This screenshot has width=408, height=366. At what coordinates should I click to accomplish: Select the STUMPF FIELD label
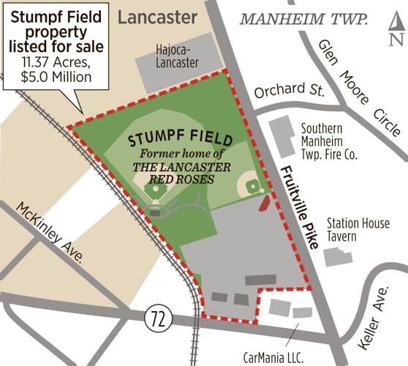181,139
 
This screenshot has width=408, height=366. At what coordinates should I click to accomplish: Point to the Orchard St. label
279,93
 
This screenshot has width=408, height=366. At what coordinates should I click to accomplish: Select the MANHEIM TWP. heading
304,18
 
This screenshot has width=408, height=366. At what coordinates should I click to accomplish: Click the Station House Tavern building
336,256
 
